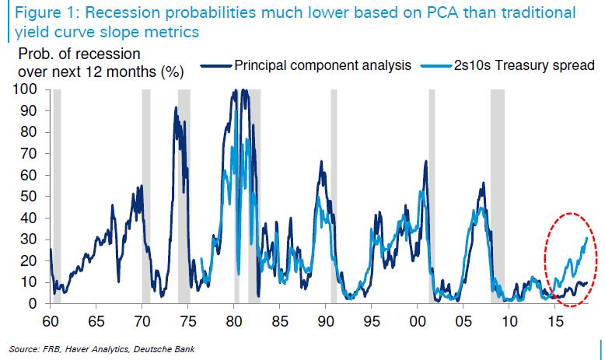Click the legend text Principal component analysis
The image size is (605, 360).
(x=323, y=66)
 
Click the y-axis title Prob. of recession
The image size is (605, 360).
(x=80, y=54)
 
